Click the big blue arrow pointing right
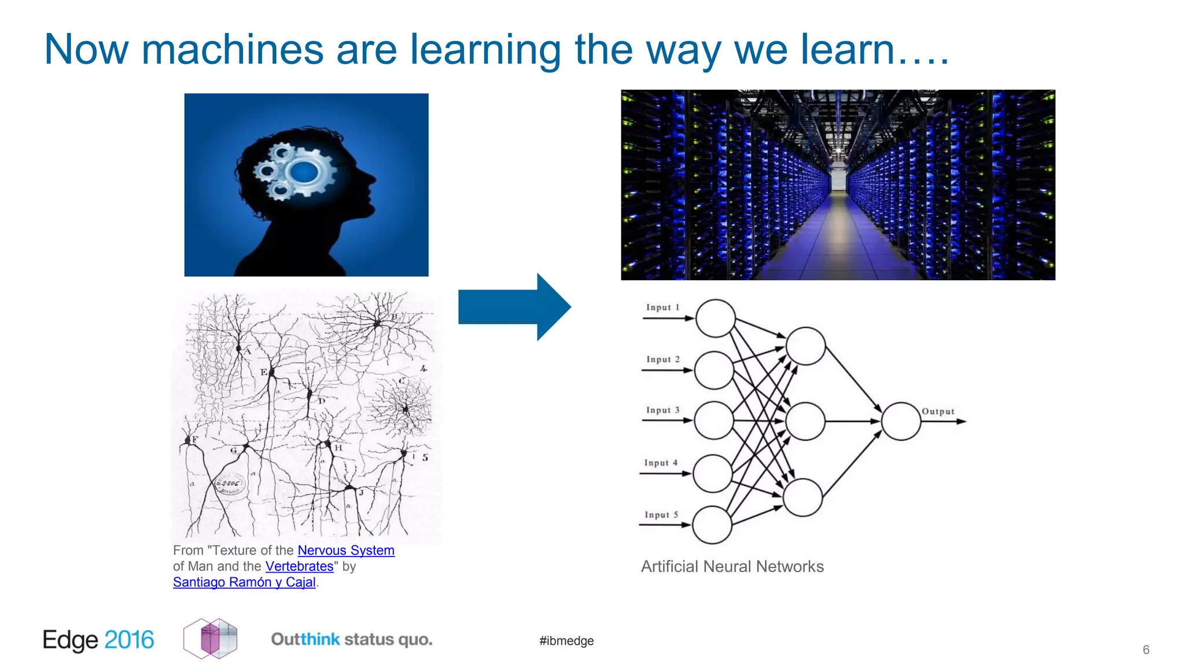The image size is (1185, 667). click(x=512, y=307)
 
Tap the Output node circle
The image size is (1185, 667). click(x=901, y=422)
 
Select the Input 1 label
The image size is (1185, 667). click(x=663, y=307)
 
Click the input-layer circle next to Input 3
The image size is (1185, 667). click(x=713, y=420)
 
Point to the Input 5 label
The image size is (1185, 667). click(x=661, y=515)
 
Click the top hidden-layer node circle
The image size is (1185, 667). click(x=805, y=346)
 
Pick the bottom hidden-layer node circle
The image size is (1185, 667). click(x=803, y=497)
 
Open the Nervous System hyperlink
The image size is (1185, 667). click(x=346, y=551)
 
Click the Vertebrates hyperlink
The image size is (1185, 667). click(x=299, y=566)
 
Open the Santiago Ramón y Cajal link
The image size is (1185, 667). click(x=244, y=582)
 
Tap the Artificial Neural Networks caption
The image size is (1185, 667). click(x=732, y=566)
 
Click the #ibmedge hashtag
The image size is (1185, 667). click(x=566, y=641)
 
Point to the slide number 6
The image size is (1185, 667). click(x=1146, y=650)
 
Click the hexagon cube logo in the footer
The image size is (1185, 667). click(x=211, y=639)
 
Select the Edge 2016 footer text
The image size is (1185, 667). click(x=98, y=640)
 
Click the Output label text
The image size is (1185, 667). click(x=938, y=412)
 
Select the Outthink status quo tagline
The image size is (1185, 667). click(x=352, y=640)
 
